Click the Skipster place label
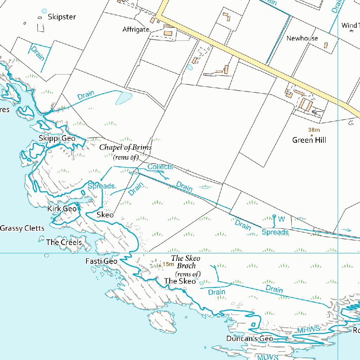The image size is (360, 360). tap(62, 17)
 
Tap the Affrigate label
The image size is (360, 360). tap(136, 30)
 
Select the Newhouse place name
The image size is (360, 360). tap(302, 38)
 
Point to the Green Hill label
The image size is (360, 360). tap(309, 140)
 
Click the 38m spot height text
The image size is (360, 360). tap(314, 130)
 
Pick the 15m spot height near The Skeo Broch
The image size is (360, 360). tap(168, 264)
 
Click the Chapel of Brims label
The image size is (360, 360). tap(126, 147)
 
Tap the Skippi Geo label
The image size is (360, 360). tap(57, 138)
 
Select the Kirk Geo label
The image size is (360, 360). tap(62, 208)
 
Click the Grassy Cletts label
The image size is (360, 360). tap(22, 229)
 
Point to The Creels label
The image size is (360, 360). tap(64, 242)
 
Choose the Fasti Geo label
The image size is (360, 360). tap(101, 261)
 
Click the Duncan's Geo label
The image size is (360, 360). tap(250, 339)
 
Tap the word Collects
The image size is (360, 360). tap(160, 167)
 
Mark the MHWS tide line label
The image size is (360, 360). tap(308, 329)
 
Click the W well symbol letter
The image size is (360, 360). tap(281, 219)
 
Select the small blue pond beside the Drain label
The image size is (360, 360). tap(123, 98)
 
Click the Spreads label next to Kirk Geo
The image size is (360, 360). tap(101, 186)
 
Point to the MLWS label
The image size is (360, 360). tap(268, 357)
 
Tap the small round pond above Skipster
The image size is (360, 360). tap(44, 11)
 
